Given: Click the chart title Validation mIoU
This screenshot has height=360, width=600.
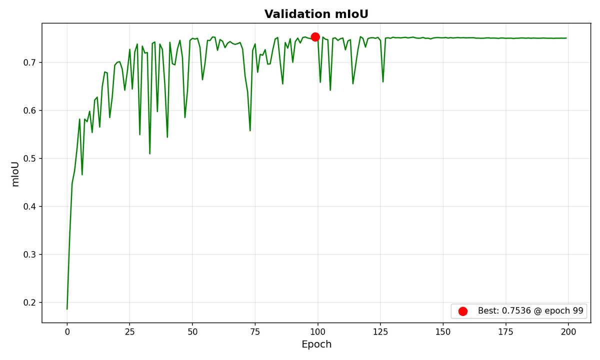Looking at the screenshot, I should [x=316, y=14].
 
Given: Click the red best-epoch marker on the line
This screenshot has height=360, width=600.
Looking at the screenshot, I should [x=315, y=36].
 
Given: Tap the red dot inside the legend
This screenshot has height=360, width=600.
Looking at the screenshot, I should [x=462, y=311].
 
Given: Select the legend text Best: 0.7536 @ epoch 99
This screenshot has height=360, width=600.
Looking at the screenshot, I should [x=530, y=311].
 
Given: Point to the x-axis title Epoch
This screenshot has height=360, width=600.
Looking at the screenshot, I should [x=316, y=344].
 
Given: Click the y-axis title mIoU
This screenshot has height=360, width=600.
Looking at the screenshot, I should [x=15, y=173].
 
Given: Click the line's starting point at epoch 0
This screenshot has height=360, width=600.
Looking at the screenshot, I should [x=67, y=308].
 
